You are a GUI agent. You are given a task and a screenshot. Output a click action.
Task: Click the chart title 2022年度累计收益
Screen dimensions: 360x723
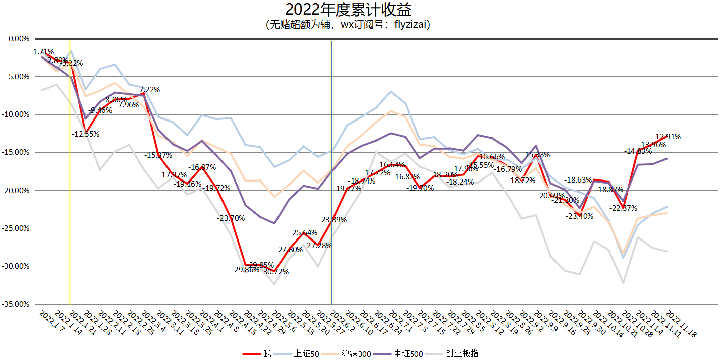point(348,10)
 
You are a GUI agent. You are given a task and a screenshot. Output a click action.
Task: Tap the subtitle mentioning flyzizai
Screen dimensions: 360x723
point(348,25)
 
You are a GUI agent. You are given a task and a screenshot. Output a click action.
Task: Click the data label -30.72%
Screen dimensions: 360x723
point(275,272)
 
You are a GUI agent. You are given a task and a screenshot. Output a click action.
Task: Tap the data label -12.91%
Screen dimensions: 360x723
point(667,136)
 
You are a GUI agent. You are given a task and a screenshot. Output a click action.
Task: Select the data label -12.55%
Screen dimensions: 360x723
point(85,134)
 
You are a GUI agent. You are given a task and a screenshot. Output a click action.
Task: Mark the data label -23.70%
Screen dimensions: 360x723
point(231,218)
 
